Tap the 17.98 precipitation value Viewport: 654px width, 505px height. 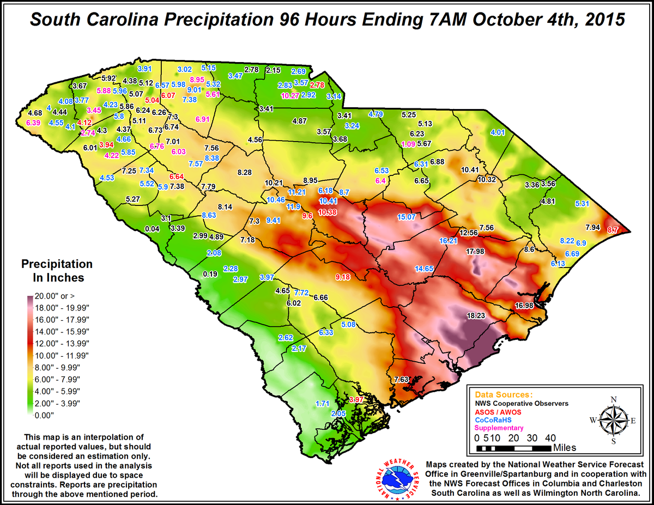475,251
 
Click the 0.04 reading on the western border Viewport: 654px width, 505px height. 154,228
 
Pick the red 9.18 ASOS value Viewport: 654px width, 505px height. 343,277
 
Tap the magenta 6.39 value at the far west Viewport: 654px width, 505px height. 33,123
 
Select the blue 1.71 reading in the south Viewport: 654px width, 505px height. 323,403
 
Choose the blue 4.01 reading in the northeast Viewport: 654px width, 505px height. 498,132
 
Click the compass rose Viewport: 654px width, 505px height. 614,419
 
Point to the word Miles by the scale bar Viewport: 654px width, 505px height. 564,448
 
